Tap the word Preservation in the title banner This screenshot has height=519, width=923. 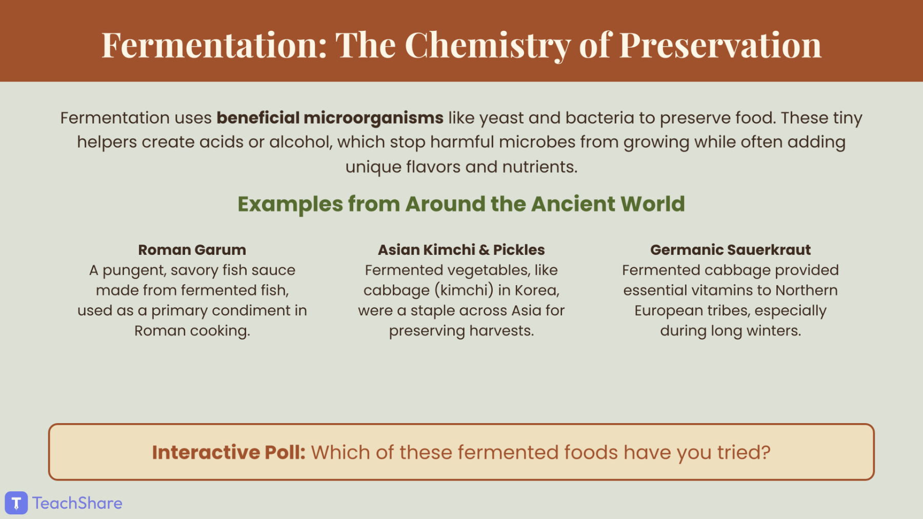click(720, 45)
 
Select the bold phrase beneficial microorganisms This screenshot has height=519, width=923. click(330, 118)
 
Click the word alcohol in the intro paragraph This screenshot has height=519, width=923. click(301, 142)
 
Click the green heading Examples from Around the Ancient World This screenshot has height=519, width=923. click(461, 204)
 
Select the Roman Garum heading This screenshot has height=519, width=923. click(192, 250)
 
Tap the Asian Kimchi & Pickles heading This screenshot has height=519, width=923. click(461, 250)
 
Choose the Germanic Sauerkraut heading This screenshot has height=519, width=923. click(730, 250)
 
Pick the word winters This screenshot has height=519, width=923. click(774, 331)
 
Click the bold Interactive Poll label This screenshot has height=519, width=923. click(229, 452)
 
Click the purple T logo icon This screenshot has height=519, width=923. click(16, 503)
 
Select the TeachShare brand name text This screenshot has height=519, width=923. click(77, 503)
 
